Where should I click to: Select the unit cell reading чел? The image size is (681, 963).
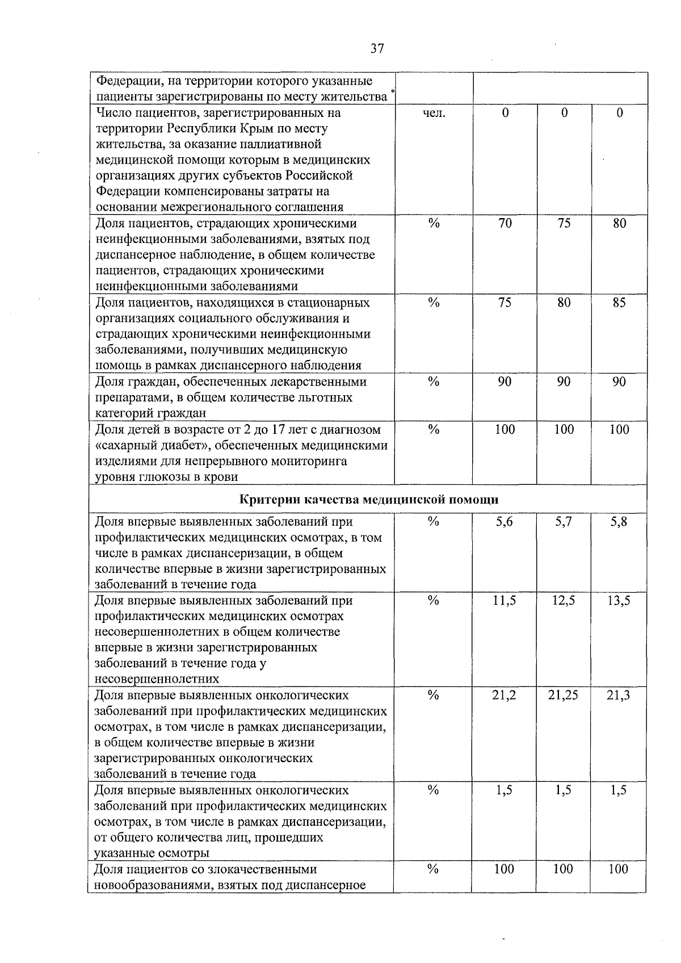434,113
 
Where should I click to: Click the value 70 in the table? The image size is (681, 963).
505,223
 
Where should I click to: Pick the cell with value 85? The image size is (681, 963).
619,303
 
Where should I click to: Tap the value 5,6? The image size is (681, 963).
505,522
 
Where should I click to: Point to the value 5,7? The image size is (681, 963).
564,522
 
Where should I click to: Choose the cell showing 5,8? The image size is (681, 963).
619,522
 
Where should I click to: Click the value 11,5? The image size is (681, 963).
505,601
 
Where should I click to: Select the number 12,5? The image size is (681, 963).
564,601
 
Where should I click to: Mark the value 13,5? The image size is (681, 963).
619,601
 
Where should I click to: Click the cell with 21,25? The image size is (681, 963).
564,696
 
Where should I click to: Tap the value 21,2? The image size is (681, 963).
505,696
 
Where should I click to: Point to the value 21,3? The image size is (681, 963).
619,696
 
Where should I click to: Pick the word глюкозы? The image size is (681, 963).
167,477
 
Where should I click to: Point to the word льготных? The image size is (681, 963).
323,397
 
